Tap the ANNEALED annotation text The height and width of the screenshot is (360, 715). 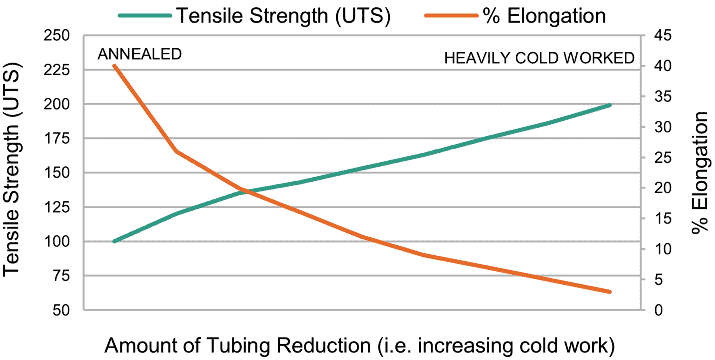(140, 54)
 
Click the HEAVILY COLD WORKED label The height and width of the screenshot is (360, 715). (539, 58)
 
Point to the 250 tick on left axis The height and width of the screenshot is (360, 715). (57, 35)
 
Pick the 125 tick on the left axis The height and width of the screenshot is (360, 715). (57, 207)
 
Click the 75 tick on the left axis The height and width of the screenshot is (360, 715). (61, 276)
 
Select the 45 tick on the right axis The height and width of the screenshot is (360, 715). (663, 35)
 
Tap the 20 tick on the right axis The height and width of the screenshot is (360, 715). (663, 188)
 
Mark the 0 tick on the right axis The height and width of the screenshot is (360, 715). (659, 310)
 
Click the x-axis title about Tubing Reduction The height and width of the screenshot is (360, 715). (360, 346)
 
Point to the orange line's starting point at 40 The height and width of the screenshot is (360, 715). (115, 66)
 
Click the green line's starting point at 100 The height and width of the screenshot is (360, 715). (115, 241)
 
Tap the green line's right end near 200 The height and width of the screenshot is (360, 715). (610, 106)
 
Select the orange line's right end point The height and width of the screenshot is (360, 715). (610, 292)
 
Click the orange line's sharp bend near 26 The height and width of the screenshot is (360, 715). (177, 151)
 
